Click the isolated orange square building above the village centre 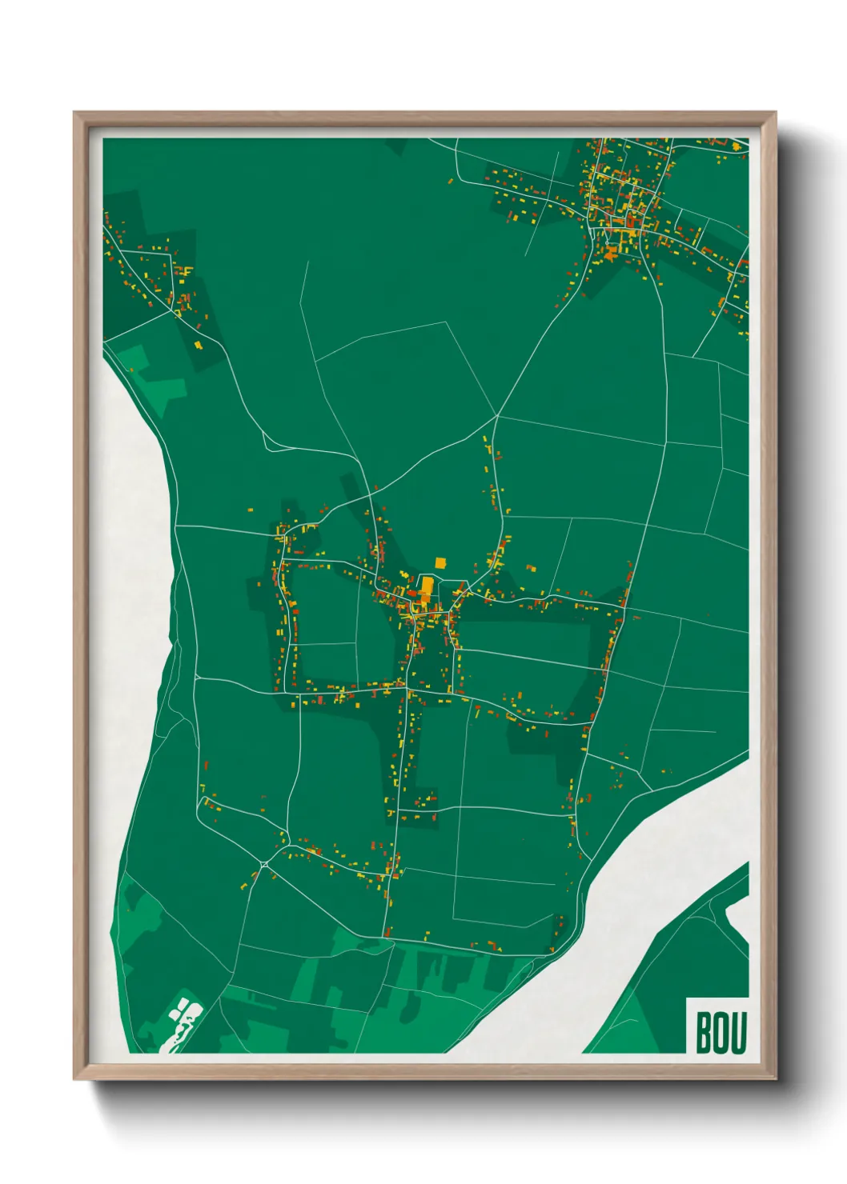pyautogui.click(x=440, y=563)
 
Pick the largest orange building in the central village pyautogui.click(x=427, y=587)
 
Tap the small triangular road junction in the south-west pyautogui.click(x=264, y=864)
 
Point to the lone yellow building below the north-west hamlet pyautogui.click(x=198, y=345)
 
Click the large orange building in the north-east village pyautogui.click(x=612, y=254)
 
